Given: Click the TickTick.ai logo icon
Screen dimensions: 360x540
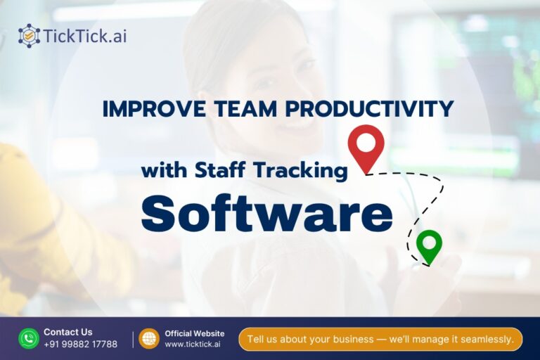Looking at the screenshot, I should [x=30, y=35].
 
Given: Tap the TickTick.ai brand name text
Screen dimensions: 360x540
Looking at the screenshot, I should [x=85, y=35].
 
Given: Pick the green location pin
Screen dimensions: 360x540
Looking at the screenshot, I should [x=428, y=245].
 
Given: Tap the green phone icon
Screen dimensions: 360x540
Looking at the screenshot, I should [x=29, y=338].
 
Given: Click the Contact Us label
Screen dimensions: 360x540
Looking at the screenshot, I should [x=67, y=332].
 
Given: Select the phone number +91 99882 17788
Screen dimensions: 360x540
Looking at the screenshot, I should [x=80, y=344].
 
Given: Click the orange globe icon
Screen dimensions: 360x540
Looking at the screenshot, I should [x=148, y=338].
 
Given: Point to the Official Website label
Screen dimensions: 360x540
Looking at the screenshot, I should [x=195, y=333].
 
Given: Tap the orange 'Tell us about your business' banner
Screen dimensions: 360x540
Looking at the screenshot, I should [x=380, y=339].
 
